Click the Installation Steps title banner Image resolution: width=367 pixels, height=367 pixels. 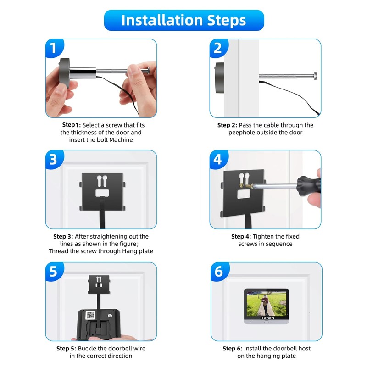click(x=184, y=20)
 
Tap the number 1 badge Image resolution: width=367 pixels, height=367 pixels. click(x=54, y=48)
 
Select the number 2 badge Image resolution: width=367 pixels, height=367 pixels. click(x=218, y=48)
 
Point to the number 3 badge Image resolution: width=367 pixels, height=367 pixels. click(x=54, y=159)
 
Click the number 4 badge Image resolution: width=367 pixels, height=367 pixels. click(x=218, y=159)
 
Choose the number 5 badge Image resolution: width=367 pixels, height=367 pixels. click(x=54, y=272)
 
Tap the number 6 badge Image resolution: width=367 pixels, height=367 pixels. click(x=220, y=272)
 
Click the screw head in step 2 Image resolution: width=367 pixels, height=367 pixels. click(x=315, y=76)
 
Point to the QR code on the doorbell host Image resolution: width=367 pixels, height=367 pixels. click(x=90, y=315)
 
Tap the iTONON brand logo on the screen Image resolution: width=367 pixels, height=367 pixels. click(x=267, y=318)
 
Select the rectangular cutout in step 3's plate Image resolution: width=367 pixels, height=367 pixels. click(x=102, y=193)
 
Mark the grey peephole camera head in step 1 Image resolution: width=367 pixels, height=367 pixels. click(x=64, y=73)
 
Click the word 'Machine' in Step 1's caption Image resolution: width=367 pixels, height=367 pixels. click(x=121, y=140)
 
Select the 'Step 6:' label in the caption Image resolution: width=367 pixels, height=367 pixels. click(x=233, y=349)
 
